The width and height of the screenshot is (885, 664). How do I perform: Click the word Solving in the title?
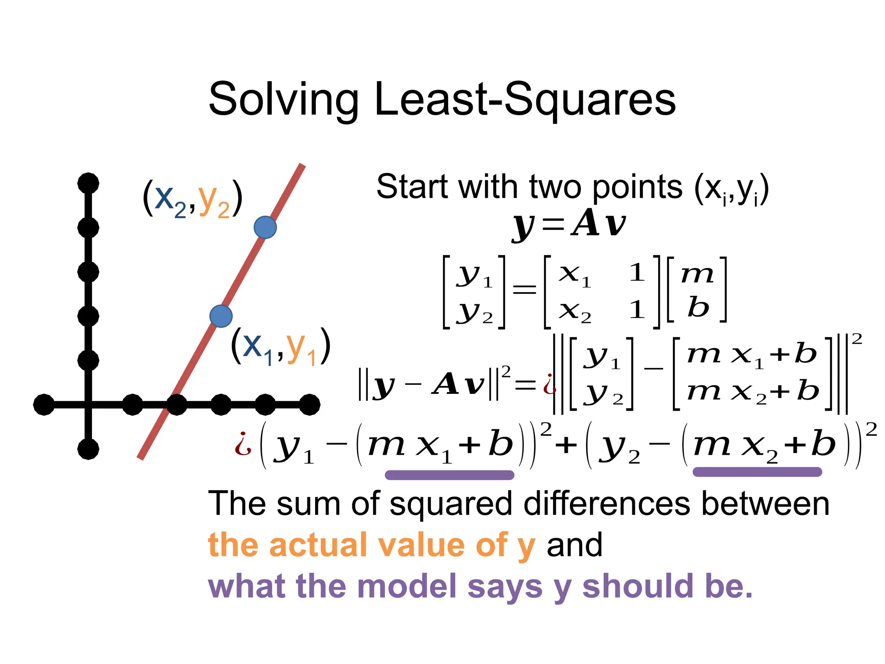point(283,100)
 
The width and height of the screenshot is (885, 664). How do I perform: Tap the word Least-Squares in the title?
point(525,100)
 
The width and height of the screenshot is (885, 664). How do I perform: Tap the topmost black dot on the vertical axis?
point(88,183)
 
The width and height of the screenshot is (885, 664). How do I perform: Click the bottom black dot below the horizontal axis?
point(88,449)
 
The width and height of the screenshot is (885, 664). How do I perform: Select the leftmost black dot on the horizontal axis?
point(44,405)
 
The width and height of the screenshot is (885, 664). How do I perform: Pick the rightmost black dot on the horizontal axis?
point(309,405)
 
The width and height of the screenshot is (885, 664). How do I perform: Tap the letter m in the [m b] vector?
point(697,274)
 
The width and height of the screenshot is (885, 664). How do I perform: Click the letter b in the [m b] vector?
point(698,308)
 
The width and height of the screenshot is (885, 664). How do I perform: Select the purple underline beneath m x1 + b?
point(449,475)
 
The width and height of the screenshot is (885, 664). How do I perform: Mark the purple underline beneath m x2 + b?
point(757,472)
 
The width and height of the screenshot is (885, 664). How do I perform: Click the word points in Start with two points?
point(637,188)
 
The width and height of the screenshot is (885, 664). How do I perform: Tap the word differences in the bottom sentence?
point(607,504)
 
